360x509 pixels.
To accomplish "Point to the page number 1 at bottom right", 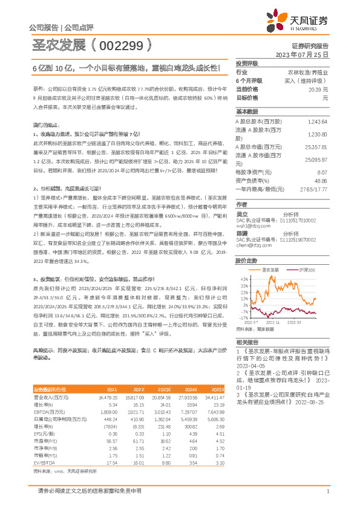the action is coord(327,491).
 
